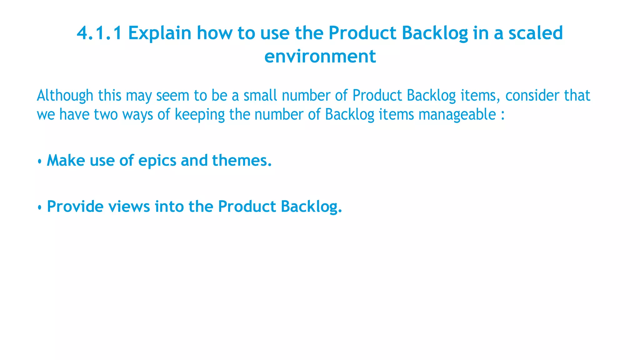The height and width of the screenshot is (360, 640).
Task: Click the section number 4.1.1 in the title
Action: click(x=99, y=33)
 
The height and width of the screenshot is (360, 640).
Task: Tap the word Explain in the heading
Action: click(x=160, y=33)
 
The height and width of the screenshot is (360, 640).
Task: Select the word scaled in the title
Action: click(x=536, y=33)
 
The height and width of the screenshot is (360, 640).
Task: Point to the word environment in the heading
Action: click(x=320, y=56)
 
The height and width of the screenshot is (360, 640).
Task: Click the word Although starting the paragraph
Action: click(x=65, y=96)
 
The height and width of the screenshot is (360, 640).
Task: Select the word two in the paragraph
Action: click(x=106, y=114)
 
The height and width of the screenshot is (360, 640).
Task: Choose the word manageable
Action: click(x=457, y=114)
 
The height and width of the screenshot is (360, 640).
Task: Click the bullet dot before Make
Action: click(x=40, y=161)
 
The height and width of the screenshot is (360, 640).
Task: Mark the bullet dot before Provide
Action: click(x=40, y=207)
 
